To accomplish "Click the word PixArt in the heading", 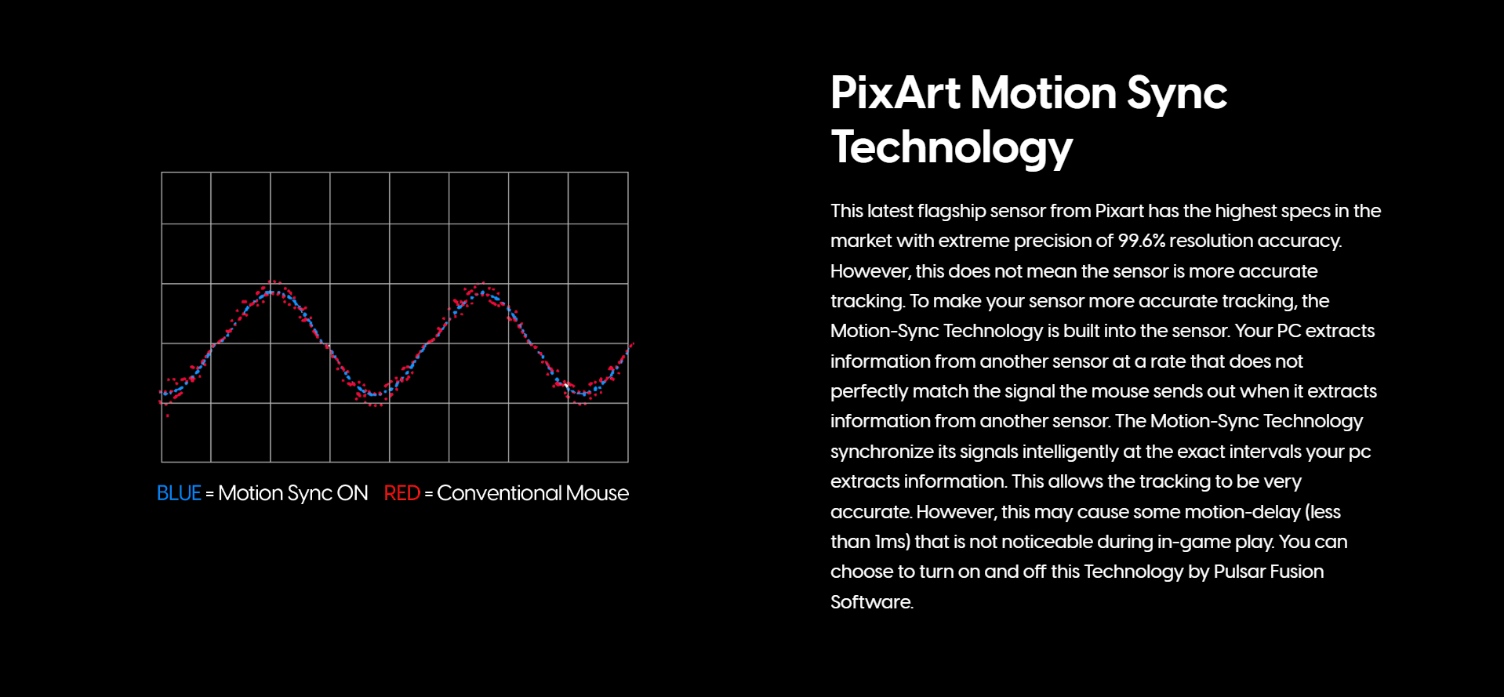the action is click(x=895, y=93).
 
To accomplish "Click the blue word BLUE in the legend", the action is click(x=179, y=493).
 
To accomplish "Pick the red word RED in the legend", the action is click(x=402, y=493).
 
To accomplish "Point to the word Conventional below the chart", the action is click(x=499, y=493).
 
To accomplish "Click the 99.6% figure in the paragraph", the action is click(x=1141, y=241).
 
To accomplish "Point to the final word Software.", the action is click(x=872, y=602).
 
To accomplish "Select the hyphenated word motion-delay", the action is click(x=1242, y=512).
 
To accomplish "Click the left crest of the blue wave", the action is click(x=271, y=292).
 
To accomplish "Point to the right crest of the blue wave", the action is click(x=481, y=293).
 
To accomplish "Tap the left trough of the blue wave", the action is click(x=376, y=394).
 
